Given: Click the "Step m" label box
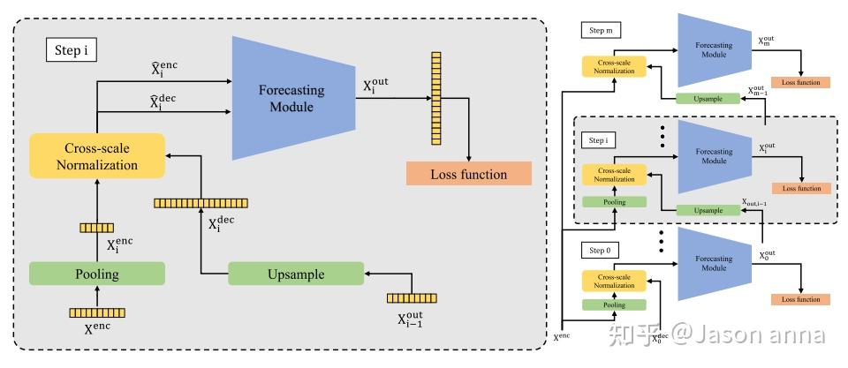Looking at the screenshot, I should (x=601, y=31).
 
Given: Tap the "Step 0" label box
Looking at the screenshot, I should (x=598, y=251).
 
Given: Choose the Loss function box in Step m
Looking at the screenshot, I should (x=801, y=82).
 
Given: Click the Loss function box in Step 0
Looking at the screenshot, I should (x=801, y=299).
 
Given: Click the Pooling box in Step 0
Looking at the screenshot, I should (x=613, y=304).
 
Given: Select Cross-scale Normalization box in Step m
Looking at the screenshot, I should (x=613, y=65).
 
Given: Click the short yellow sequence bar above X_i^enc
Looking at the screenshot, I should (x=96, y=228).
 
